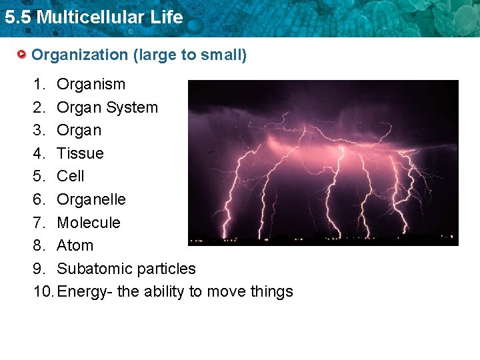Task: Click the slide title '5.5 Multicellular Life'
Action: (x=93, y=17)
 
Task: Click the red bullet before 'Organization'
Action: (x=23, y=55)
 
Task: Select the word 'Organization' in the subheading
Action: (x=80, y=55)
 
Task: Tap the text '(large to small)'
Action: (x=190, y=55)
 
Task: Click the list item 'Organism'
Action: (x=91, y=84)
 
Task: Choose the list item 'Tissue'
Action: (x=80, y=153)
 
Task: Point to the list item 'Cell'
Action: (x=71, y=176)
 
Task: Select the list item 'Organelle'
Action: (x=91, y=199)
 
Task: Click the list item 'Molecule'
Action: (x=89, y=223)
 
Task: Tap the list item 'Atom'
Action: (x=75, y=245)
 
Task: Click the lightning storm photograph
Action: (x=323, y=163)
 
